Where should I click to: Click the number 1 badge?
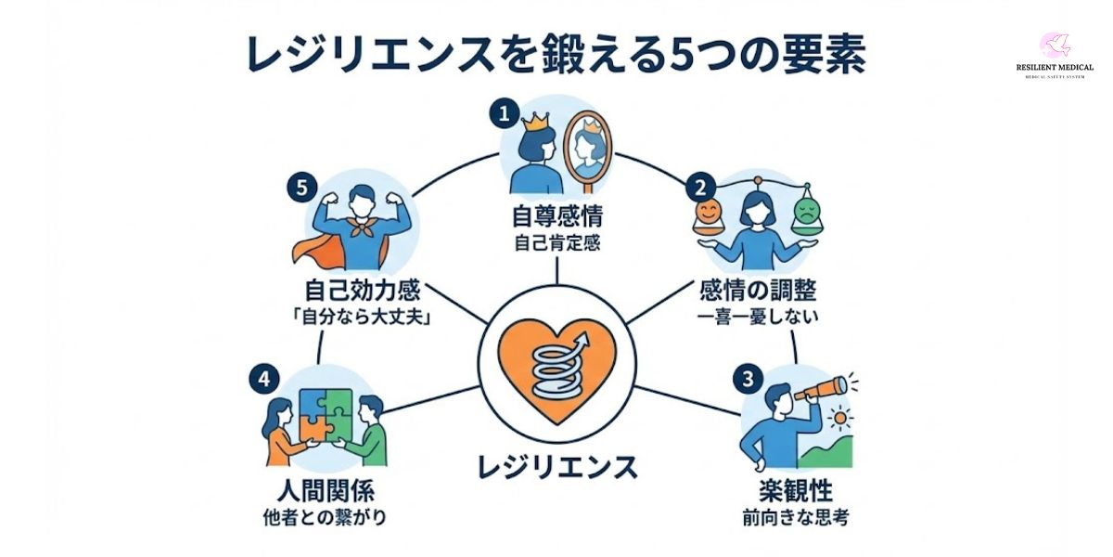pos(504,114)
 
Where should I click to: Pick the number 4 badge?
pos(262,379)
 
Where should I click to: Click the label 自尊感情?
pos(557,218)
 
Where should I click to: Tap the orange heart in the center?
pos(557,367)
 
